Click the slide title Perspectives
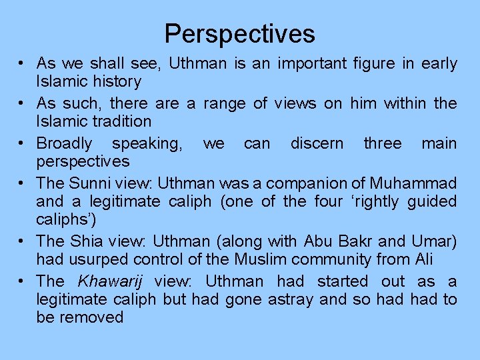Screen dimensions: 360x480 tap(240, 33)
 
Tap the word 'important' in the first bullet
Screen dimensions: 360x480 tap(311, 64)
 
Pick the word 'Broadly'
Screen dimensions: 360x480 tap(65, 143)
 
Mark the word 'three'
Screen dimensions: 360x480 tap(383, 143)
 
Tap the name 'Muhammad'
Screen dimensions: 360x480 tap(415, 183)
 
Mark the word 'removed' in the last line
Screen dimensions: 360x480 tap(91, 317)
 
